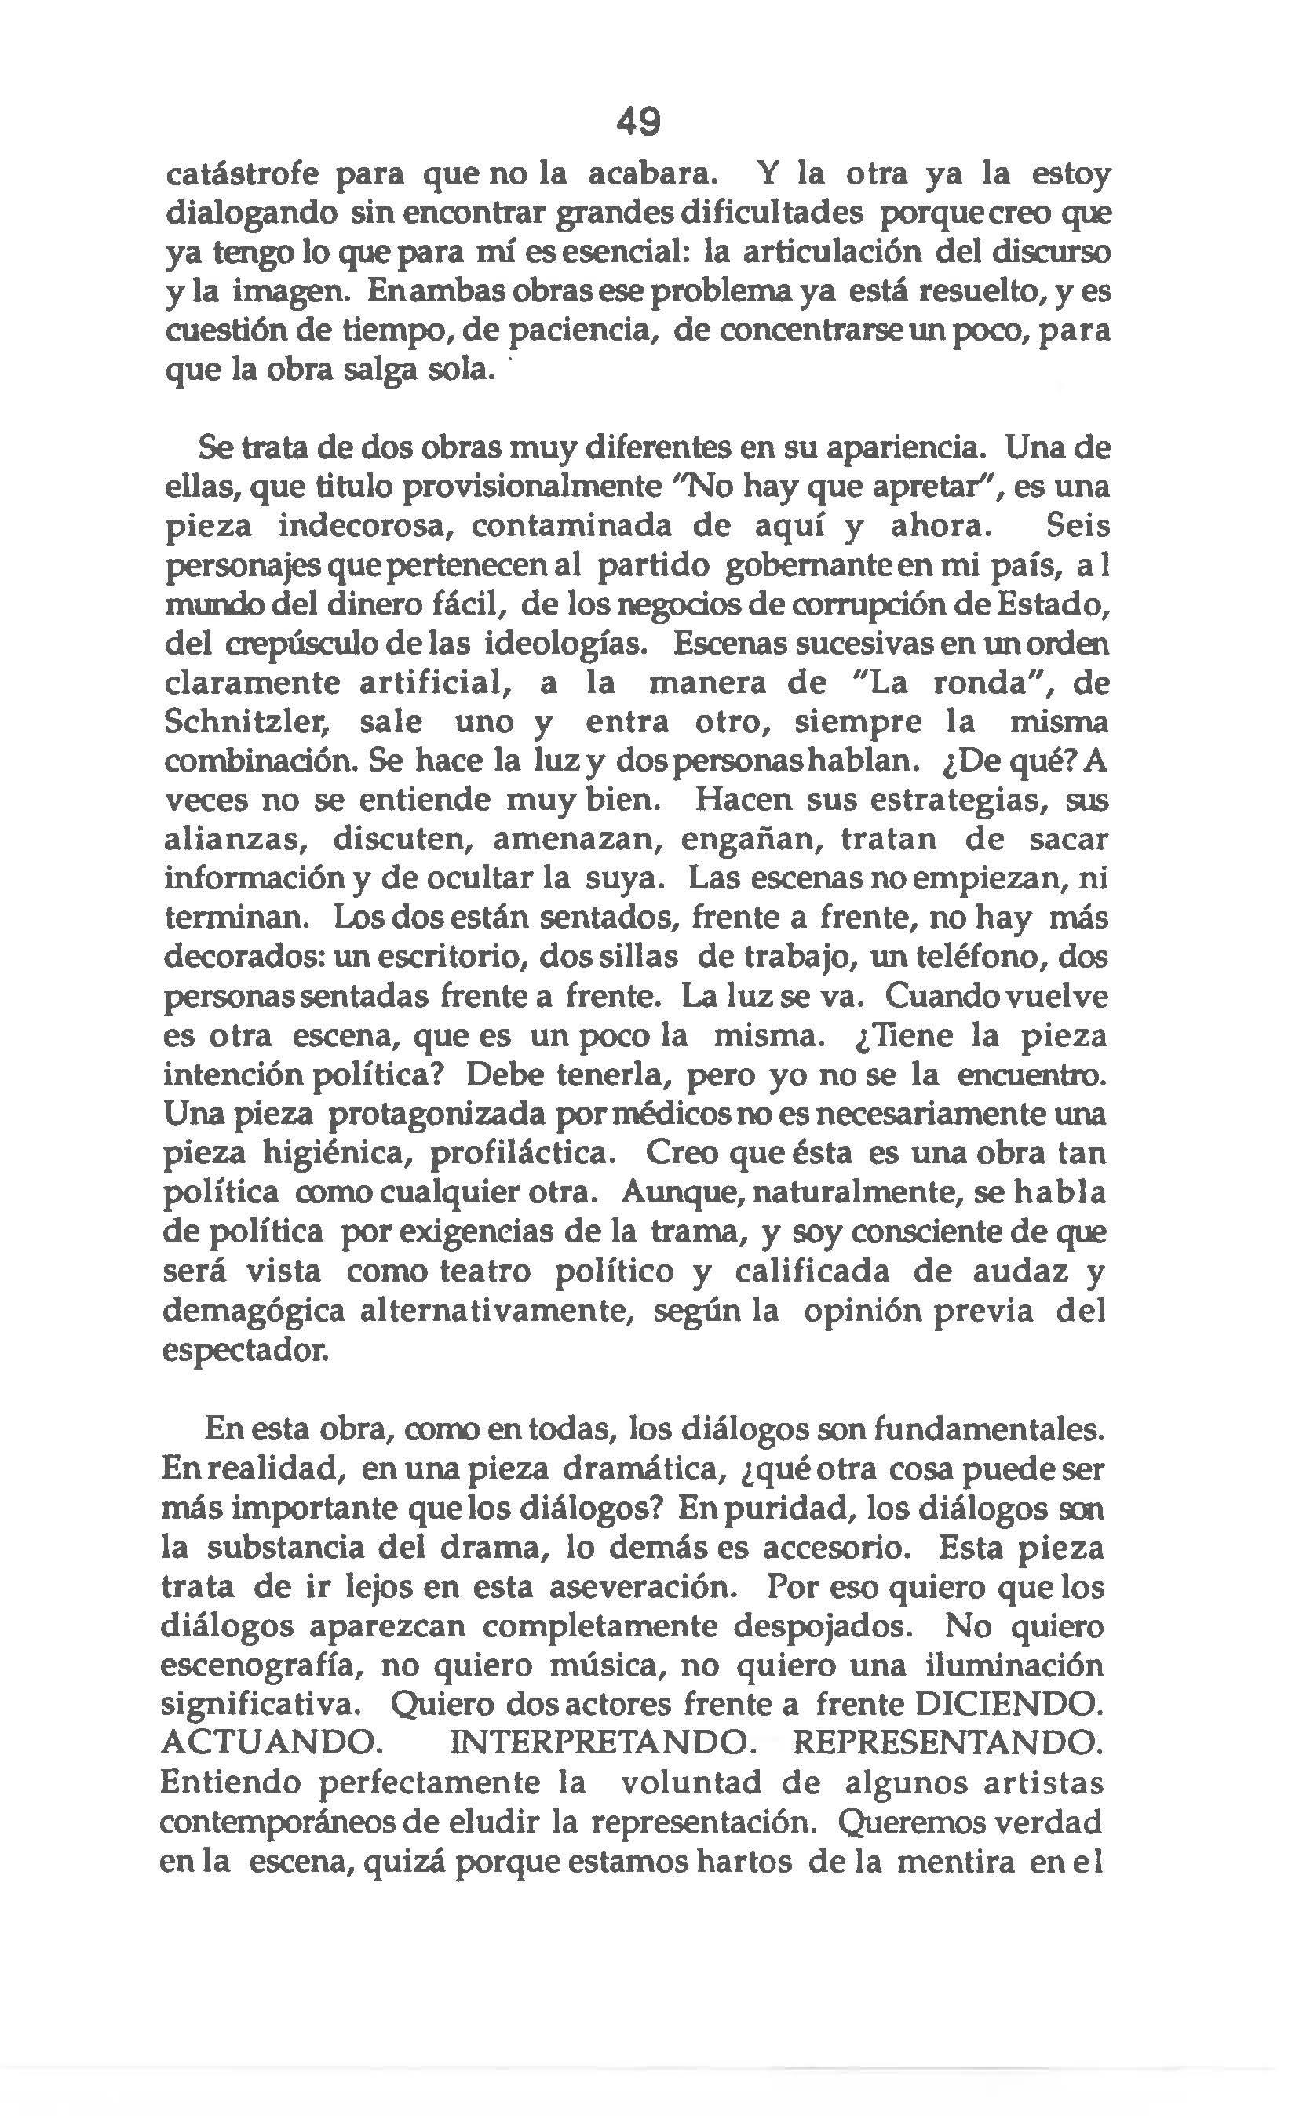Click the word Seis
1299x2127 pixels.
tap(1075, 526)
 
